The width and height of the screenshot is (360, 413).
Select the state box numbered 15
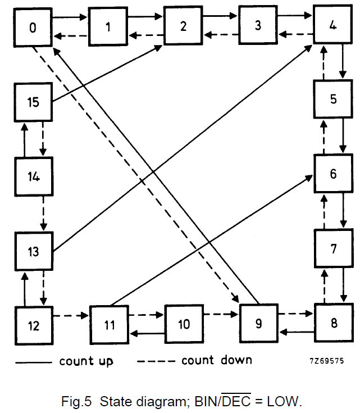(34, 102)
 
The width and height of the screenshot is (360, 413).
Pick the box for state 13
(34, 251)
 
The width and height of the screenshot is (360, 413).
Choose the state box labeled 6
(333, 174)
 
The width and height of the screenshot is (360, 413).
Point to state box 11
(110, 325)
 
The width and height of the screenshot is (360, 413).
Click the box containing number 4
(333, 25)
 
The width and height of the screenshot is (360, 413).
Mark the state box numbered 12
(34, 325)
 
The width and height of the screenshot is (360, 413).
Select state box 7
(333, 248)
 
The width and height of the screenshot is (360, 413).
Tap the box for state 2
(183, 26)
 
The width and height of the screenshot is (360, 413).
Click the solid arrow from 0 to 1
(71, 17)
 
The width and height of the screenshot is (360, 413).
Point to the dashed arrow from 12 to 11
(71, 316)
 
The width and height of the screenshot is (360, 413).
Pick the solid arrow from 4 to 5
(343, 61)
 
